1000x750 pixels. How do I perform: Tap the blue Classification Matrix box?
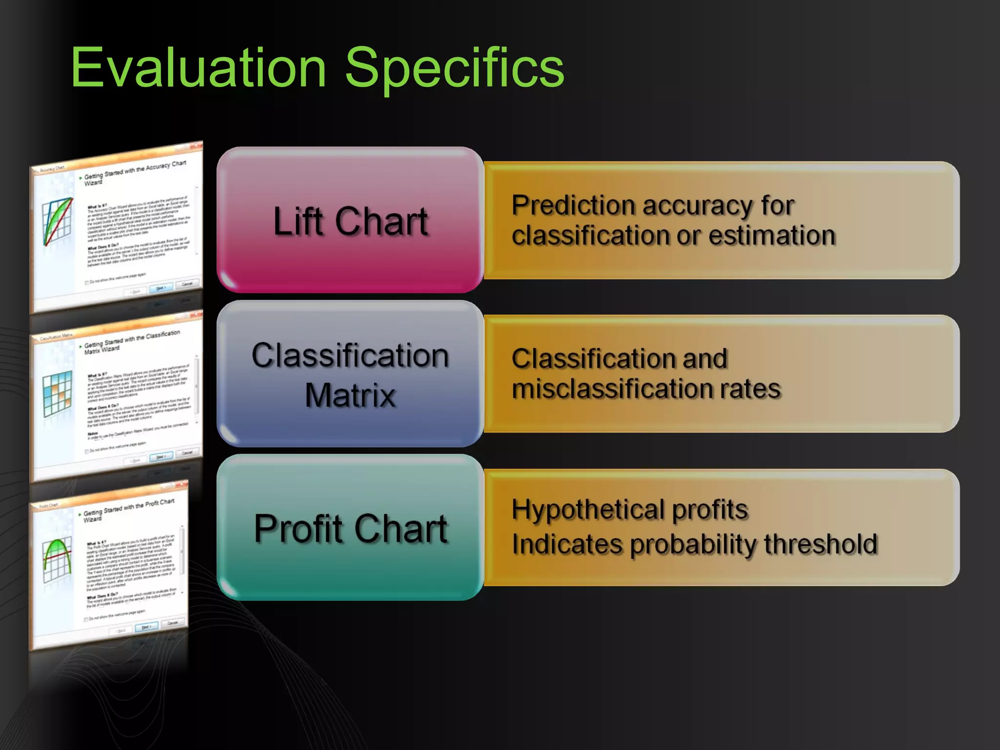[x=350, y=374]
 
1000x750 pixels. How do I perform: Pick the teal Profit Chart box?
[x=350, y=528]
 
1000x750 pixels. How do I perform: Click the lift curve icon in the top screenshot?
[x=57, y=222]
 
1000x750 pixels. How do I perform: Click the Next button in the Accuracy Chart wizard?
[x=161, y=288]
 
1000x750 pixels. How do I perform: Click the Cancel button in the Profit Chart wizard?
[x=172, y=623]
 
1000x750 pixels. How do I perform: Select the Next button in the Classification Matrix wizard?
[x=161, y=457]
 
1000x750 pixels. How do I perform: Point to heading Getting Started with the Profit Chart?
[x=128, y=507]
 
